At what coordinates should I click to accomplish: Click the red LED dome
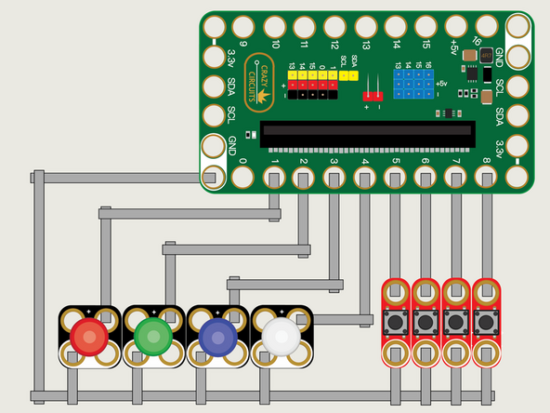tap(89, 335)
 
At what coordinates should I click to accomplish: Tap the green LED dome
tap(152, 335)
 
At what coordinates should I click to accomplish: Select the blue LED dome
tap(216, 336)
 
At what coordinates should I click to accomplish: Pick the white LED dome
tap(280, 336)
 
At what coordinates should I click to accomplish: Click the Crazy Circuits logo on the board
tap(257, 77)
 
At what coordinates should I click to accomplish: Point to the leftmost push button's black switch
tap(397, 323)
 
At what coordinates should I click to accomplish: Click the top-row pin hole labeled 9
tap(244, 26)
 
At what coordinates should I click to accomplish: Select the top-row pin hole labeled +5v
tap(455, 26)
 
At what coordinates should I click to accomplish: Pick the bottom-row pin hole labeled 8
tap(486, 177)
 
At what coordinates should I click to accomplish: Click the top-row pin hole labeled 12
tap(334, 26)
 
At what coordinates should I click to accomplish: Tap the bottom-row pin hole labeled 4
tap(365, 177)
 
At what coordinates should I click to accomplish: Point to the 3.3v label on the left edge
tap(231, 58)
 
